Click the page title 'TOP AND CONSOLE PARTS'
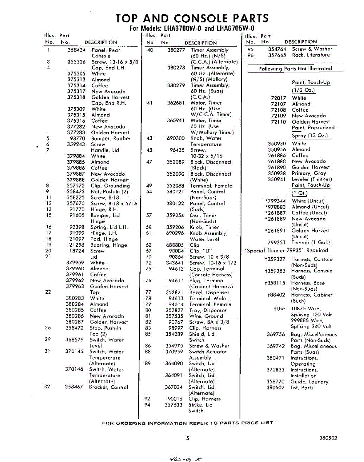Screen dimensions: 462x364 click(x=192, y=18)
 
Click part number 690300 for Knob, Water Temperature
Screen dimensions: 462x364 click(x=176, y=138)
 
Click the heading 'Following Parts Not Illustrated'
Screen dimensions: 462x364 click(x=295, y=69)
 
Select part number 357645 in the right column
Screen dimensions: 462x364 click(x=277, y=55)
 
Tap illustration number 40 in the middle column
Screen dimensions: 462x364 click(x=151, y=50)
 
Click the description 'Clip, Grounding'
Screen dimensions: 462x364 click(x=111, y=186)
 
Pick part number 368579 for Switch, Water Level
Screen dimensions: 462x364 click(x=74, y=340)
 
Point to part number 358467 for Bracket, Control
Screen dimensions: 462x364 click(x=74, y=387)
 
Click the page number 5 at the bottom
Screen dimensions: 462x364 click(x=188, y=438)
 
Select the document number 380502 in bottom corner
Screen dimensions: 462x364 click(x=328, y=438)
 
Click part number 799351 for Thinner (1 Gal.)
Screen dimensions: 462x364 click(x=277, y=243)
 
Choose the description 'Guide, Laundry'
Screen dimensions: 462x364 click(x=309, y=382)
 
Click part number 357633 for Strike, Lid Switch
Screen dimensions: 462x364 click(x=173, y=405)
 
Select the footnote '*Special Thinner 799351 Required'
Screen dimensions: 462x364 click(x=286, y=251)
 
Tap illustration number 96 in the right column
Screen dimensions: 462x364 click(x=251, y=55)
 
